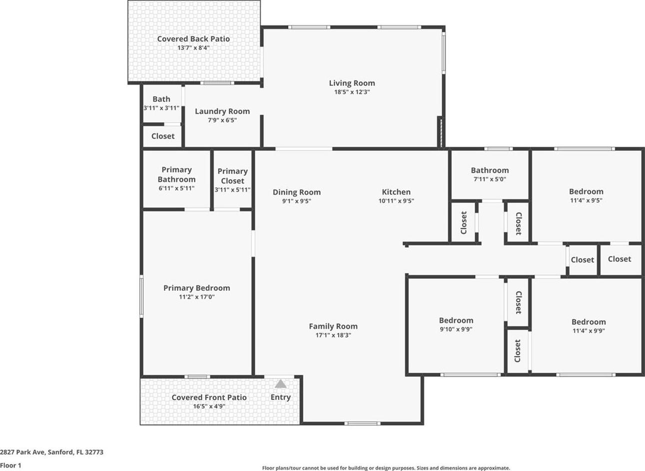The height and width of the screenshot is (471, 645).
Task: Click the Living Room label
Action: pos(352,83)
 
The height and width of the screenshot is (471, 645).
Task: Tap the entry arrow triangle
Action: pos(280,384)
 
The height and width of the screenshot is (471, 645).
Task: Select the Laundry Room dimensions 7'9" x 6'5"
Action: pos(222,120)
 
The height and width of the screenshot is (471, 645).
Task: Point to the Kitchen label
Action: pos(396,192)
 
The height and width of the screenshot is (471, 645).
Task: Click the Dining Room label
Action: pos(297,192)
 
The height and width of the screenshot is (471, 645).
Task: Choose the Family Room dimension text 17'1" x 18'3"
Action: pos(333,335)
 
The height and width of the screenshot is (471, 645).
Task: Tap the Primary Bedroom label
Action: pos(197,288)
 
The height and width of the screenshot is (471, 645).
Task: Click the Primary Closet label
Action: pos(233,176)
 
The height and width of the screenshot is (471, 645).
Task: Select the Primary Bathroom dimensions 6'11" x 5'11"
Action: pos(176,188)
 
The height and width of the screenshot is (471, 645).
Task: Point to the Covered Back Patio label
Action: pos(193,39)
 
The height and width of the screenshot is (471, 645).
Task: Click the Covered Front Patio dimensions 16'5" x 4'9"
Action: pos(209,406)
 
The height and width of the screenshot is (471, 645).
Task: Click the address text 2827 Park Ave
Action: pos(22,452)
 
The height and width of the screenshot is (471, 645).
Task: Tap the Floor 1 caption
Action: pos(10,466)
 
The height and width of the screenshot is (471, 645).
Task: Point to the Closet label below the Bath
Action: pos(163,136)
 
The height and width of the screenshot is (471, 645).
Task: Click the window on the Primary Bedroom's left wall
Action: pos(141,296)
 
